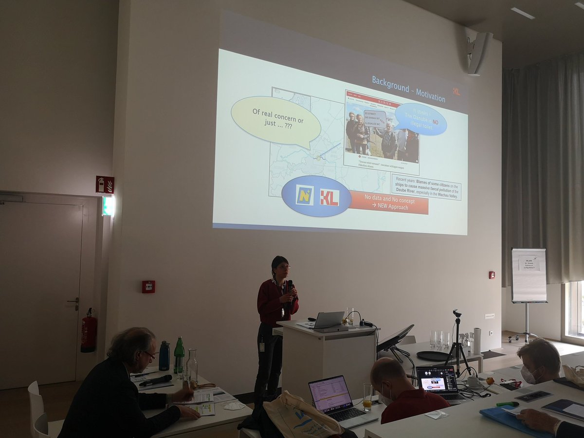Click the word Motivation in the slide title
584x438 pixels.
[x=429, y=95]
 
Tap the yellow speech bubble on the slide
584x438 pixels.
[x=275, y=122]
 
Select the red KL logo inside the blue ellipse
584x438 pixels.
[x=329, y=197]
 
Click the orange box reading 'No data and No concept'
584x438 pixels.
[x=389, y=202]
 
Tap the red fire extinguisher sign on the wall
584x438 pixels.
[x=105, y=184]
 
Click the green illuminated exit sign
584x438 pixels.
[x=108, y=205]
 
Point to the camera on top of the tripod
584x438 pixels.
[x=456, y=313]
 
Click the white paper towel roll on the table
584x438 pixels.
[x=477, y=340]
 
